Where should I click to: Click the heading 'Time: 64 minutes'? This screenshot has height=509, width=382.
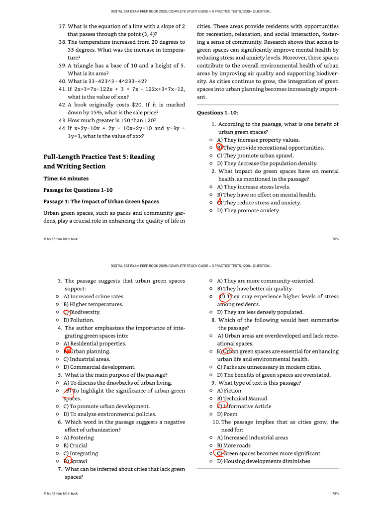pyautogui.click(x=66, y=178)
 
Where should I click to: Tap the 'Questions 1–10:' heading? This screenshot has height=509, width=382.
pyautogui.click(x=217, y=113)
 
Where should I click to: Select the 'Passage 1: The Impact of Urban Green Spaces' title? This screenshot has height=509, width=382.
pyautogui.click(x=101, y=201)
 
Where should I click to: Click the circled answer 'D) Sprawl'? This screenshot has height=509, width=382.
pyautogui.click(x=68, y=461)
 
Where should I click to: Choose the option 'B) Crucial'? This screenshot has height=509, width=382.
pyautogui.click(x=75, y=445)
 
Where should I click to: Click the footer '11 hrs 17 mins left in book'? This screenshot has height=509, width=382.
pyautogui.click(x=61, y=239)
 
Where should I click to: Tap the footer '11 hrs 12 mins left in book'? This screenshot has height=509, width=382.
pyautogui.click(x=61, y=494)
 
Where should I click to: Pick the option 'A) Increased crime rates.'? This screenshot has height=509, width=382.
pyautogui.click(x=94, y=296)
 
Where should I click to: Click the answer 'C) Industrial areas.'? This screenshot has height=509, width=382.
pyautogui.click(x=88, y=359)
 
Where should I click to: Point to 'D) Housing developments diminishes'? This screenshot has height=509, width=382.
pyautogui.click(x=263, y=461)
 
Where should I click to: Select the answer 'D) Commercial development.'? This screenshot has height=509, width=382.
pyautogui.click(x=99, y=367)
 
